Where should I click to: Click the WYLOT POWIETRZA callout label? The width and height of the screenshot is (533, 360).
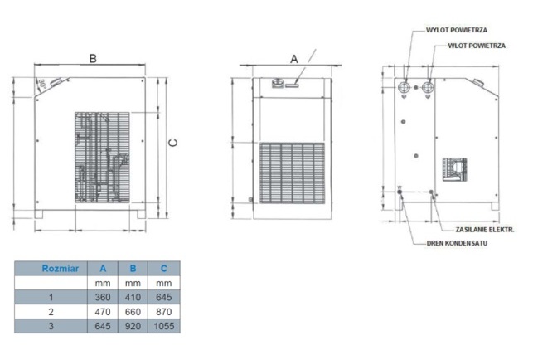pyautogui.click(x=457, y=30)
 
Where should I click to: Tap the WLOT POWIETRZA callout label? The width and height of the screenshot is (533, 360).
pyautogui.click(x=477, y=46)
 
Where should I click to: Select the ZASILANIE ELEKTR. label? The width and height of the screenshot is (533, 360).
pyautogui.click(x=485, y=230)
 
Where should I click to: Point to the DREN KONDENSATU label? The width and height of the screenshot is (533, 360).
pyautogui.click(x=457, y=243)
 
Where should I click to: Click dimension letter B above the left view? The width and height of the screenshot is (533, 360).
pyautogui.click(x=93, y=59)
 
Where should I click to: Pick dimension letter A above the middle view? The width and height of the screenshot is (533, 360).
pyautogui.click(x=294, y=59)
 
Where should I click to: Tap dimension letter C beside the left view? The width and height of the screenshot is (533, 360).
pyautogui.click(x=173, y=143)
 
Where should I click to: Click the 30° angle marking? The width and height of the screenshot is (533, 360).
pyautogui.click(x=41, y=84)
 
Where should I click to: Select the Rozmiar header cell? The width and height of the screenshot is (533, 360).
pyautogui.click(x=51, y=268)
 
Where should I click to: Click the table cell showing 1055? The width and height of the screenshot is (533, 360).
pyautogui.click(x=164, y=326)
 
